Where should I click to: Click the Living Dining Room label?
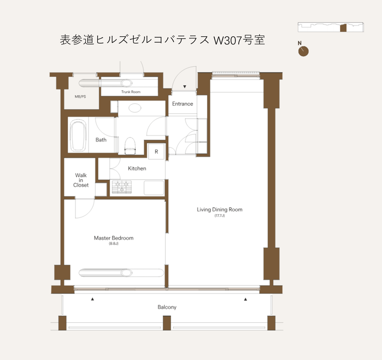pos(219,209)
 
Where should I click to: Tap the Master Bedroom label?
pos(113,238)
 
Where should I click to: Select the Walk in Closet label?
pos(81,180)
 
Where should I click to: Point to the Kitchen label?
pos(137,169)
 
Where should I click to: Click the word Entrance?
pos(182,104)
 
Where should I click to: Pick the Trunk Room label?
pos(131,92)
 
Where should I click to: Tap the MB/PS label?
pos(80,97)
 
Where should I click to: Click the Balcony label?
pos(167,307)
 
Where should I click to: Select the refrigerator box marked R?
pos(156,151)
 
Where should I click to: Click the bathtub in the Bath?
pos(78,136)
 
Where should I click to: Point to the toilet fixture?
pos(130,146)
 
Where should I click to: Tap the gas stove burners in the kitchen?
pos(122,187)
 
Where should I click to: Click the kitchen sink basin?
pos(154,188)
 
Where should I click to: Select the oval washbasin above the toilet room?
pos(135,108)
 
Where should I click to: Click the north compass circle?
pos(303,51)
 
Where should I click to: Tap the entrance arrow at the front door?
pos(185,87)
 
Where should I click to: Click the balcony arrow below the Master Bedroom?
pos(92,299)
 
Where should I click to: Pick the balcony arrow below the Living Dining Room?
pos(245,299)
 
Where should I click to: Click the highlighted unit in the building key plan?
pos(343,28)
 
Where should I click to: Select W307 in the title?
pos(228,40)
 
